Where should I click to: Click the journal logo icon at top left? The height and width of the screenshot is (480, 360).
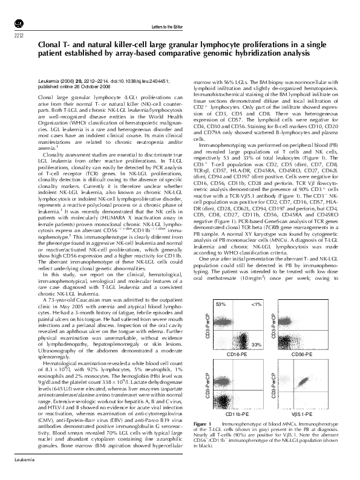(18, 22)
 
